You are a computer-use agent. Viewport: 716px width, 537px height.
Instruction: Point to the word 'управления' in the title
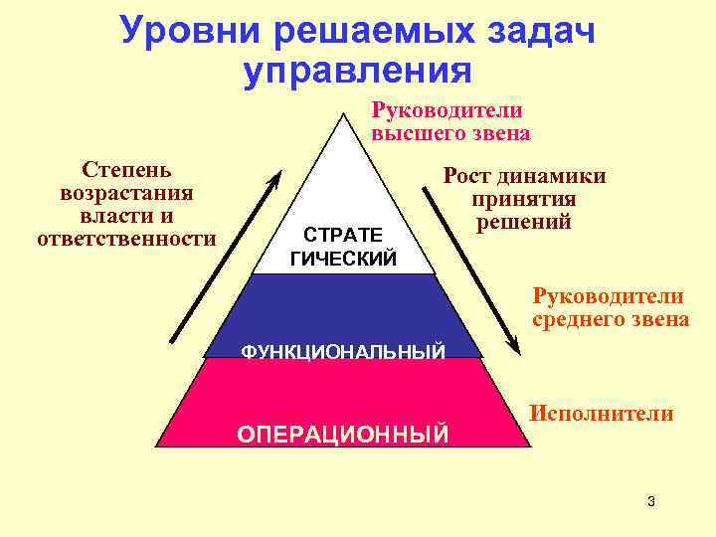point(356,70)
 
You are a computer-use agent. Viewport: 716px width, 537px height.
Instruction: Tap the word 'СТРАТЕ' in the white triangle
point(342,236)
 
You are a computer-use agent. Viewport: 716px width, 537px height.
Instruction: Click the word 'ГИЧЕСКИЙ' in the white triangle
point(342,259)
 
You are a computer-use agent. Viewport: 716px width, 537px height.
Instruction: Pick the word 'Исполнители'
point(602,413)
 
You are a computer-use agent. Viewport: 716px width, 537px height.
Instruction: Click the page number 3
point(650,501)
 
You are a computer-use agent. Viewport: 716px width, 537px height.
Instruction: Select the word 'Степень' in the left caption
point(126,170)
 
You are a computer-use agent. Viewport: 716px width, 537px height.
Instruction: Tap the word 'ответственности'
point(126,239)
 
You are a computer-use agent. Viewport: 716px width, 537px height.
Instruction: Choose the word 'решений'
point(524,222)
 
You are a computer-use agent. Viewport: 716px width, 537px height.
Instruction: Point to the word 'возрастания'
point(126,193)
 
